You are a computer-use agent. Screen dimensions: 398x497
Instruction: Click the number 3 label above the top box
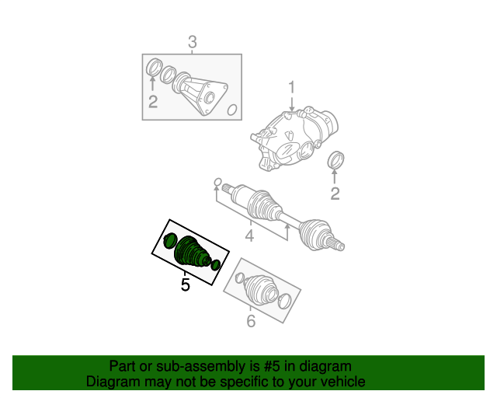(193, 42)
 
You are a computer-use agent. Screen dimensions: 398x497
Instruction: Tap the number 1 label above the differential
(293, 87)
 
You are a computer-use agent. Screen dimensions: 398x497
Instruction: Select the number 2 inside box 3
(153, 102)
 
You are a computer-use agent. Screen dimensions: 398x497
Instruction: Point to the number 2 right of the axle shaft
(335, 194)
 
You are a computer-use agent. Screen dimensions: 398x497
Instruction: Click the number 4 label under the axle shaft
(249, 236)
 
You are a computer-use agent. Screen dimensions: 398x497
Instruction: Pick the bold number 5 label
(185, 285)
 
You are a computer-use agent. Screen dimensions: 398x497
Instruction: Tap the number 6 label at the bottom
(250, 321)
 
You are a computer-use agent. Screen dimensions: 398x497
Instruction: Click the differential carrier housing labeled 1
(295, 138)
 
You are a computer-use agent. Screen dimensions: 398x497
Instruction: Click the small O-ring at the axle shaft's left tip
(217, 185)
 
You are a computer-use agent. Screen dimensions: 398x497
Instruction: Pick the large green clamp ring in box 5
(170, 239)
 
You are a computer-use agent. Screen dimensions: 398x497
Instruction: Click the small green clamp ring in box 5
(215, 266)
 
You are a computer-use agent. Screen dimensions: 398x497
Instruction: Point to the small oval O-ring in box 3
(231, 110)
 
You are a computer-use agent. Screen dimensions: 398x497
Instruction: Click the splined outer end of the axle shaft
(335, 243)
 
